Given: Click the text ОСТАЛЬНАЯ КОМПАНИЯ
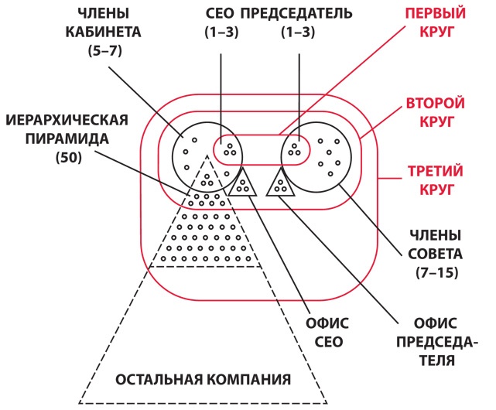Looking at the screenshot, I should click(203, 379).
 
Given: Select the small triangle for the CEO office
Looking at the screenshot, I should click(243, 184).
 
